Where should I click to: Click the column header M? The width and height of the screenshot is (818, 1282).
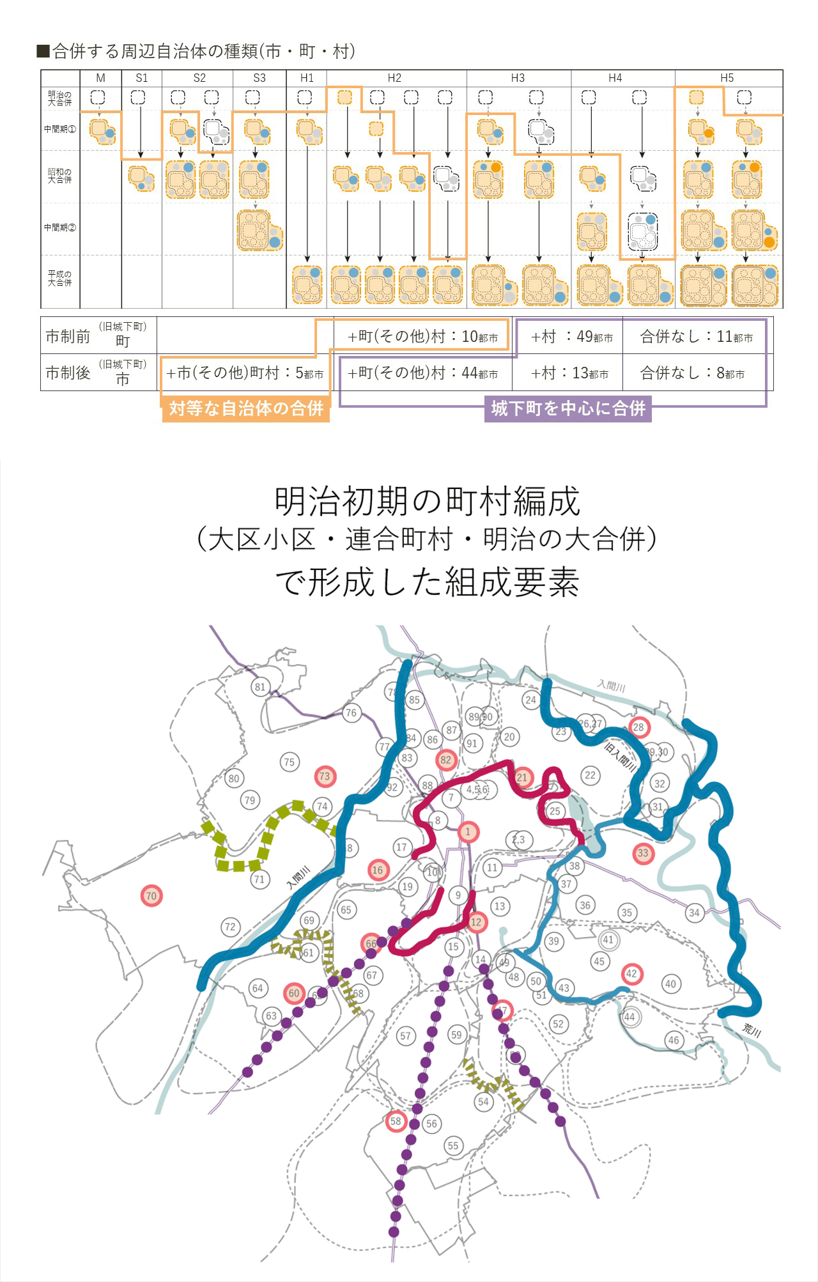(100, 78)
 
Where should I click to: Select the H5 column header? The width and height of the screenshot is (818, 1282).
(727, 78)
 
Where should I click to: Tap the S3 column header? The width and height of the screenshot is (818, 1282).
(259, 78)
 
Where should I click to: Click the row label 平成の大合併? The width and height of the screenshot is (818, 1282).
(59, 278)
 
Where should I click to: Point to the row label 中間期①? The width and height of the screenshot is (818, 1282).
(59, 129)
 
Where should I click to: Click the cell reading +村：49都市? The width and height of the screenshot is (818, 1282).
(571, 336)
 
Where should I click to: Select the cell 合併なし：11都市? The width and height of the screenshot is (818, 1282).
(696, 336)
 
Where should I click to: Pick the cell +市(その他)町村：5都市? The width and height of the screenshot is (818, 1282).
(244, 373)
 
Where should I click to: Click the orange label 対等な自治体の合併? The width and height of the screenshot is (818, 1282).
(245, 408)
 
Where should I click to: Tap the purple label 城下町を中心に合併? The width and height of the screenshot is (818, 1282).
(567, 408)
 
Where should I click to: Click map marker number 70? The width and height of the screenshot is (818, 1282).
(151, 895)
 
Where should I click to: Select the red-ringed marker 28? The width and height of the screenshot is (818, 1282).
(638, 727)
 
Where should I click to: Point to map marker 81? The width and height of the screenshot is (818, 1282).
(259, 687)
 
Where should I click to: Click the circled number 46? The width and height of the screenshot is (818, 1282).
(674, 1040)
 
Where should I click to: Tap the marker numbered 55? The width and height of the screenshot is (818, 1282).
(453, 1145)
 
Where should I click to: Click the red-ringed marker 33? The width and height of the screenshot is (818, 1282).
(643, 853)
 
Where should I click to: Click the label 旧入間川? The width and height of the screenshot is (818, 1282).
(621, 756)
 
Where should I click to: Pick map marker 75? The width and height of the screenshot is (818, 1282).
(289, 762)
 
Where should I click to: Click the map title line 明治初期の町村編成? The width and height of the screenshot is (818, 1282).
(427, 501)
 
